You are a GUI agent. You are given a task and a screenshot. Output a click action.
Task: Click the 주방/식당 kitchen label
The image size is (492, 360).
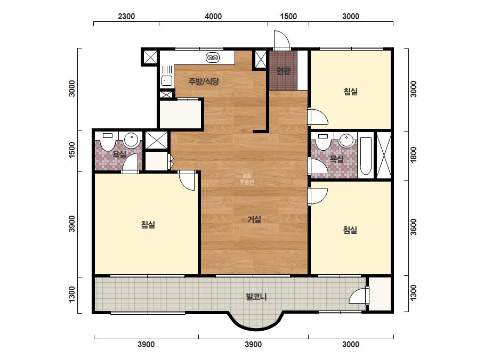click(203, 82)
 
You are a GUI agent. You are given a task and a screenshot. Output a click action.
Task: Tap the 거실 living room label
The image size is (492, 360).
click(254, 219)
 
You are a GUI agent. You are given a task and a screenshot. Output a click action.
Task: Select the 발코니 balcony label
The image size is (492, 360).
click(256, 296)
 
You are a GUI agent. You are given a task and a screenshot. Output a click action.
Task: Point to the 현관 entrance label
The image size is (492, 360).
click(283, 71)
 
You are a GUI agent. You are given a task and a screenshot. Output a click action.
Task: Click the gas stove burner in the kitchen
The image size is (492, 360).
click(213, 58)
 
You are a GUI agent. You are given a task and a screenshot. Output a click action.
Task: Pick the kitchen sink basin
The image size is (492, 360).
click(167, 80)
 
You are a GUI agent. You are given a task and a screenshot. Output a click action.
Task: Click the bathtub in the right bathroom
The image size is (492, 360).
click(366, 156)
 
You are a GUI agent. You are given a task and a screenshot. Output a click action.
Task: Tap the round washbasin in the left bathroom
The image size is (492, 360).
click(132, 140)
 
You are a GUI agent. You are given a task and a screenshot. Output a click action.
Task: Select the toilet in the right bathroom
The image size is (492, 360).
click(323, 142)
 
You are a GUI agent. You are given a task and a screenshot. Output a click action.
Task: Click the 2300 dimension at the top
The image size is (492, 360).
click(126, 17)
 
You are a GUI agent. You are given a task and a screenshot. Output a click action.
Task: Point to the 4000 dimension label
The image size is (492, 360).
click(213, 17)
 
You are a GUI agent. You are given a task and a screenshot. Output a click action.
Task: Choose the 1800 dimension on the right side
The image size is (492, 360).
click(414, 154)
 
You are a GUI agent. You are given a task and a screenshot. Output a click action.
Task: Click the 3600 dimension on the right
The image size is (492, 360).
click(414, 227)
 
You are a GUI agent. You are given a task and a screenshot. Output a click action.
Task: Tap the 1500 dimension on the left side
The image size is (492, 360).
click(72, 150)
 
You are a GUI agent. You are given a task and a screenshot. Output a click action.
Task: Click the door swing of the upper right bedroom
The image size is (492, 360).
click(318, 116)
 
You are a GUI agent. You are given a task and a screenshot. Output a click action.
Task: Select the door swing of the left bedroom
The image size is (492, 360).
click(187, 181)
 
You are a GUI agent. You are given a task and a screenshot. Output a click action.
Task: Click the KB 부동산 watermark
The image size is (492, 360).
click(247, 179)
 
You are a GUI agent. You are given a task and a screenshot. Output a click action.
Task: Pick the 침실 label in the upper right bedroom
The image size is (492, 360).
click(350, 92)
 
